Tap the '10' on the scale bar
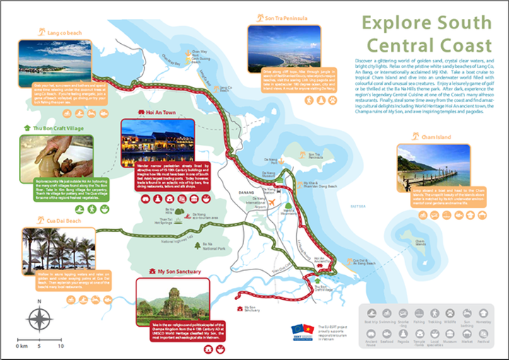[x=60, y=347]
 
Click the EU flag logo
[x=298, y=329]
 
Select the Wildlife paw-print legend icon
[x=451, y=313]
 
